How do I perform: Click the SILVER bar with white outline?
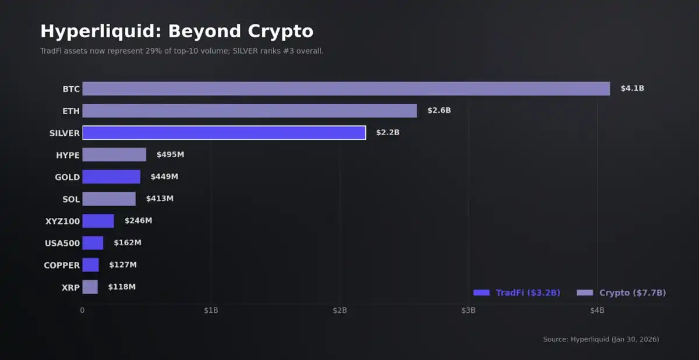click(224, 133)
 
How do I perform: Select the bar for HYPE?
click(114, 154)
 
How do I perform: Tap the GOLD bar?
click(111, 177)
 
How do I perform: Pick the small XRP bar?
click(90, 287)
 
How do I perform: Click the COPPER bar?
click(90, 265)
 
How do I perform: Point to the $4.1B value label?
click(632, 89)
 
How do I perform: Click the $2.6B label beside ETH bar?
click(439, 111)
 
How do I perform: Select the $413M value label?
click(160, 199)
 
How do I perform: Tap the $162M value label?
click(128, 243)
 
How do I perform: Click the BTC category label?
click(71, 89)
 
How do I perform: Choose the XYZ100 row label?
click(62, 221)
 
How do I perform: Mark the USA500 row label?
click(62, 243)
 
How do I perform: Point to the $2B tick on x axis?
click(340, 310)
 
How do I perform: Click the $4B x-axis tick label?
click(597, 310)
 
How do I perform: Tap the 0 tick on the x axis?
click(82, 310)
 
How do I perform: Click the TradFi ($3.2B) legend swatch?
click(481, 292)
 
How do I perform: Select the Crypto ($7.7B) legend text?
click(632, 292)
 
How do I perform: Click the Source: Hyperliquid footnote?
click(601, 339)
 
